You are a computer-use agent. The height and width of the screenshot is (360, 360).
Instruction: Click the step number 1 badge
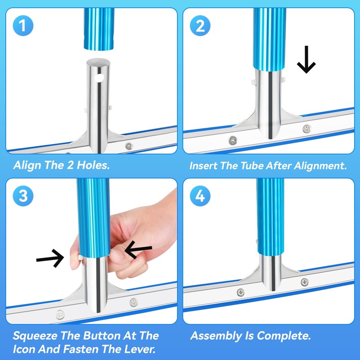[23, 26]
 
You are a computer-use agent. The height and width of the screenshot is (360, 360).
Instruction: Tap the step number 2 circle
[200, 26]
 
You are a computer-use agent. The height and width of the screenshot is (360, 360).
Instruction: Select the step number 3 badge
[23, 196]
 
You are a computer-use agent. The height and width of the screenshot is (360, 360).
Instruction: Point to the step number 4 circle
[200, 196]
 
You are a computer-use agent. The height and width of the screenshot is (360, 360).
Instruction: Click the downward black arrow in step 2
[306, 59]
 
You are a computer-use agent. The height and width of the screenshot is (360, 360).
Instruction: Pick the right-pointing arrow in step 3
[50, 258]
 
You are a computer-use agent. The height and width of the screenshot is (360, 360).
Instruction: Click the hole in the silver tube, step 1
[99, 78]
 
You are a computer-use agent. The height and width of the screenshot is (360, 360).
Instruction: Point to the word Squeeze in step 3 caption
[35, 336]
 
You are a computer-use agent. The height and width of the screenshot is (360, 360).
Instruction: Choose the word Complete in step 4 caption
[284, 336]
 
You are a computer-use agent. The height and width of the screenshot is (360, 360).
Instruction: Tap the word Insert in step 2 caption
[203, 166]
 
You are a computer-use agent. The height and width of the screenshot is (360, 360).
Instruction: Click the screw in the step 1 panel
[129, 146]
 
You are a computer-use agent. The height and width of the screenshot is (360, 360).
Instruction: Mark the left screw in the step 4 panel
[241, 292]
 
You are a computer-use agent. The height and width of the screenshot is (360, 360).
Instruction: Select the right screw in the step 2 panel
[307, 129]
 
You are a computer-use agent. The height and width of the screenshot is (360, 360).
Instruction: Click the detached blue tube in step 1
[99, 29]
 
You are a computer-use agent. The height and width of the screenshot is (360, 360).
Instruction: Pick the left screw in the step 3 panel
[60, 315]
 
